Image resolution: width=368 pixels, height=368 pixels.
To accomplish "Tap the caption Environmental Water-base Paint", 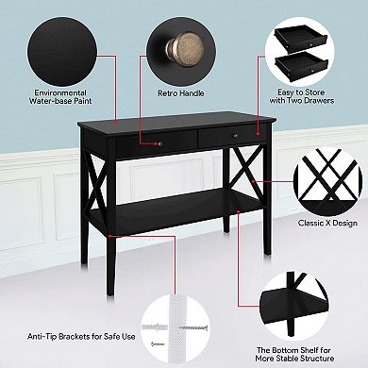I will (60, 98).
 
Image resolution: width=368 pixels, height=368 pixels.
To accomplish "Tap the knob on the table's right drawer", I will (235, 139).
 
